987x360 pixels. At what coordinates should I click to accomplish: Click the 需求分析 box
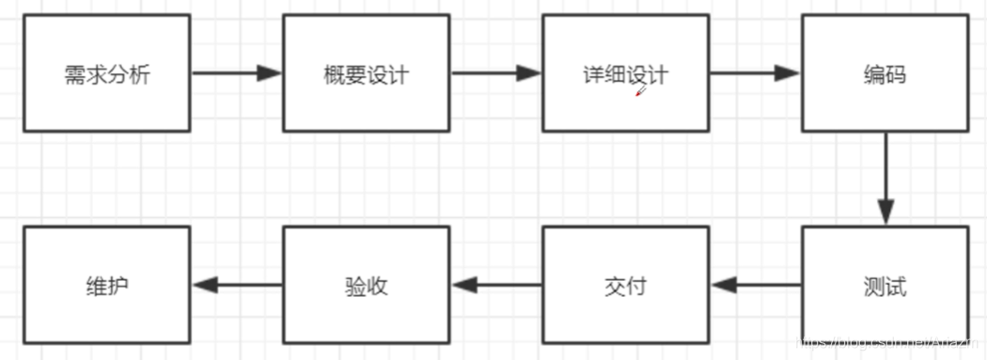(x=107, y=72)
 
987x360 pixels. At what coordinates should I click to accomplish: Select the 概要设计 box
(x=367, y=72)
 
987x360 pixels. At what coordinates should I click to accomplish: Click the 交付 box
(x=626, y=285)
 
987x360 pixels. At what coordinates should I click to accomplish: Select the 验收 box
(x=367, y=285)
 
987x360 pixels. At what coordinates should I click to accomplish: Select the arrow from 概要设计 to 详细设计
(x=496, y=73)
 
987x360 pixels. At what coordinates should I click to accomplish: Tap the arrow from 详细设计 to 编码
(x=755, y=73)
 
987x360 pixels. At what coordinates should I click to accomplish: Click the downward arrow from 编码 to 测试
(x=885, y=179)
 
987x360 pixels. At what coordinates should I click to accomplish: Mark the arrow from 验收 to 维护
(x=237, y=285)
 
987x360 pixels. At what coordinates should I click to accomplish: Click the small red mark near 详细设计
(x=640, y=91)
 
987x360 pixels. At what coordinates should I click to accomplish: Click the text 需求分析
(x=107, y=74)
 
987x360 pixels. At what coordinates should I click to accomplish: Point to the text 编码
(x=884, y=74)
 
